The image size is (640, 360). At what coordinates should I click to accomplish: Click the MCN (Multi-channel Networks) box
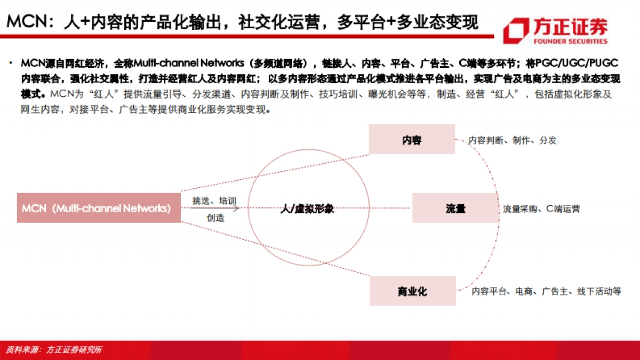click(99, 208)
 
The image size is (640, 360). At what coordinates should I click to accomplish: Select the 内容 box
click(412, 140)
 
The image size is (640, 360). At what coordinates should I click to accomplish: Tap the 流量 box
click(455, 209)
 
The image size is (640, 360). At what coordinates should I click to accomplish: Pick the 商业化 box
click(412, 291)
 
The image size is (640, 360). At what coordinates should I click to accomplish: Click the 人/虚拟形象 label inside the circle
click(307, 209)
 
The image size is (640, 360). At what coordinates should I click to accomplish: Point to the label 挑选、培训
click(214, 201)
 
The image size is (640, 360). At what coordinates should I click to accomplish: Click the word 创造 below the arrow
click(215, 218)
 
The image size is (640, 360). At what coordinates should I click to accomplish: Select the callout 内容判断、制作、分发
click(512, 140)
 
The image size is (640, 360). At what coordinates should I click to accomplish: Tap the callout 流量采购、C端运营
click(541, 209)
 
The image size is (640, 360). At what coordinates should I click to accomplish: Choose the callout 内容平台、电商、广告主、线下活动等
click(546, 291)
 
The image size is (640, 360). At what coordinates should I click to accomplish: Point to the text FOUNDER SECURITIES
click(570, 41)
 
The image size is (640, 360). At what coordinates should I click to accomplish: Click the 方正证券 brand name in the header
click(570, 27)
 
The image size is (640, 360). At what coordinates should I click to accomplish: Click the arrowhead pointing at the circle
click(236, 209)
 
